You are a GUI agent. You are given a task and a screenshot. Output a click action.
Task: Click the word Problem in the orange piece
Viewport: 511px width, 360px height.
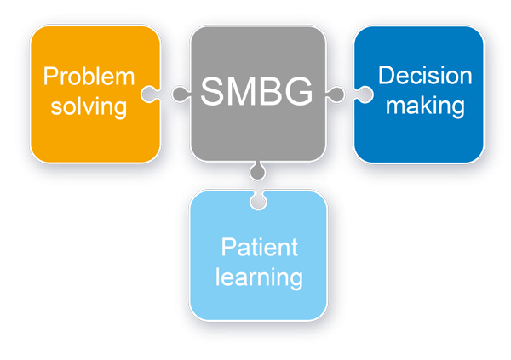click(89, 77)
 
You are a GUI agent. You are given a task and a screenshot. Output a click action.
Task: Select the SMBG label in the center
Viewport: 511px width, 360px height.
click(257, 90)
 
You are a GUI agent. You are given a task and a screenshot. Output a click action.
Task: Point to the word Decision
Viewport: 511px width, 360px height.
click(425, 76)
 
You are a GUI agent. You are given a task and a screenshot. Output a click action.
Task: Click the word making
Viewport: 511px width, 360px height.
click(422, 106)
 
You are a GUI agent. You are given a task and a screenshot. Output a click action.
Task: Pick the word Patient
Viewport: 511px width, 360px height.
click(260, 248)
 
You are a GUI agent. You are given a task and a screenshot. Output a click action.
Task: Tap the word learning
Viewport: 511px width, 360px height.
click(259, 277)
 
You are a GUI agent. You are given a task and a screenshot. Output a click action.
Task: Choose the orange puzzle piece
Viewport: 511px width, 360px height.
click(94, 136)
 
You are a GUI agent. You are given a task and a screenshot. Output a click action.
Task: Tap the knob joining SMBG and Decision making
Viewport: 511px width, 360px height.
click(335, 92)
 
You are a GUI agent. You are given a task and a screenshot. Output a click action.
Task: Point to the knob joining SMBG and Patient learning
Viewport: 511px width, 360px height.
click(255, 173)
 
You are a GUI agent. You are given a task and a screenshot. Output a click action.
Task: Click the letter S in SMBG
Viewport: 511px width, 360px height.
click(212, 90)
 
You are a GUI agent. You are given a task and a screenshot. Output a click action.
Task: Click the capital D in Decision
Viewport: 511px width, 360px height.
click(386, 76)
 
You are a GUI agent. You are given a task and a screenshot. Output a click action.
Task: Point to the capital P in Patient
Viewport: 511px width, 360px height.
click(227, 248)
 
